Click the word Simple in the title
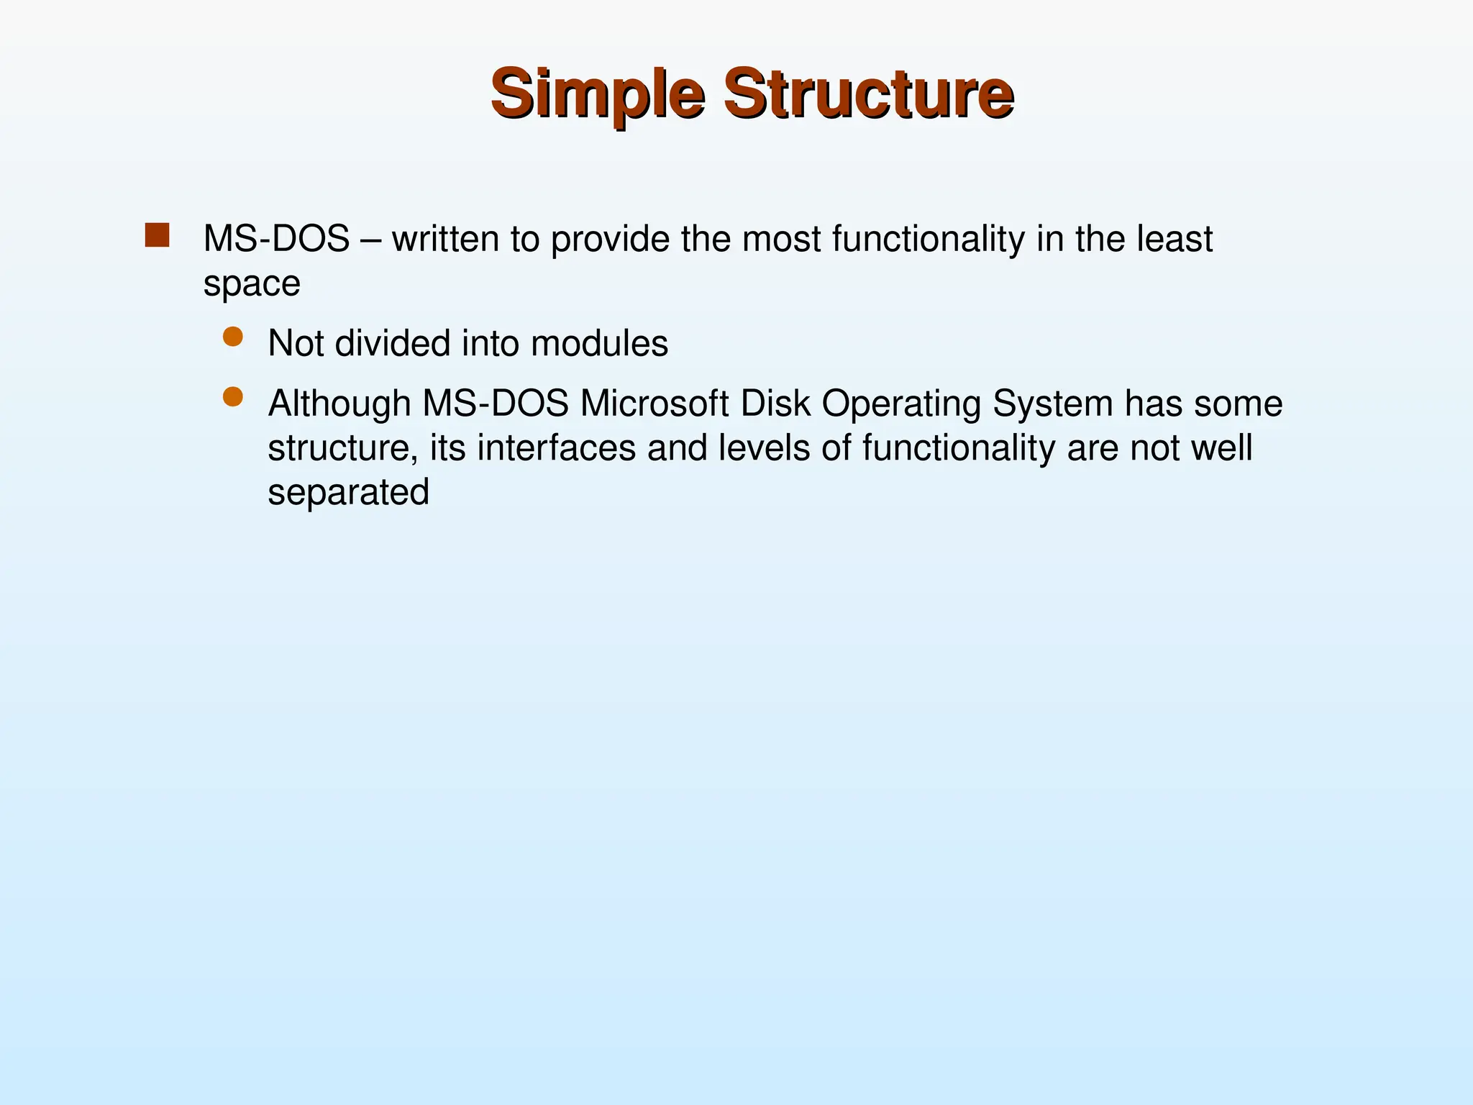(597, 94)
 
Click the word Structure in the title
(868, 94)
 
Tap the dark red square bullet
(157, 235)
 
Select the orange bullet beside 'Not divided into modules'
(233, 337)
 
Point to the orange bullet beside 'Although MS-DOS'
(233, 397)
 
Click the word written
(445, 239)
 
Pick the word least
(1175, 239)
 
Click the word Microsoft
(655, 404)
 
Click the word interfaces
(557, 448)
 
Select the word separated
(348, 494)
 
